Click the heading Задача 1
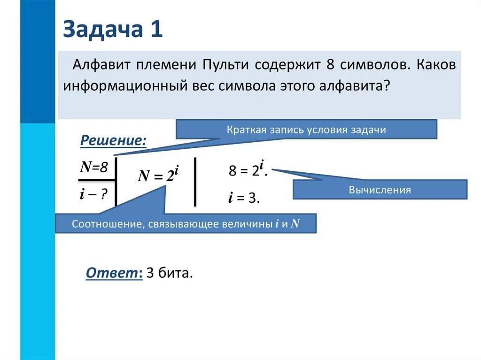click(x=113, y=30)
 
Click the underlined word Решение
click(x=113, y=140)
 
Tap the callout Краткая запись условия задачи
click(x=306, y=130)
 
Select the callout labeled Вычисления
click(x=380, y=190)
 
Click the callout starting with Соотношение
click(x=186, y=223)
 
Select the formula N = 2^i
click(x=158, y=175)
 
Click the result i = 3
click(x=244, y=198)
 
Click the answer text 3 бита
click(x=169, y=274)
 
